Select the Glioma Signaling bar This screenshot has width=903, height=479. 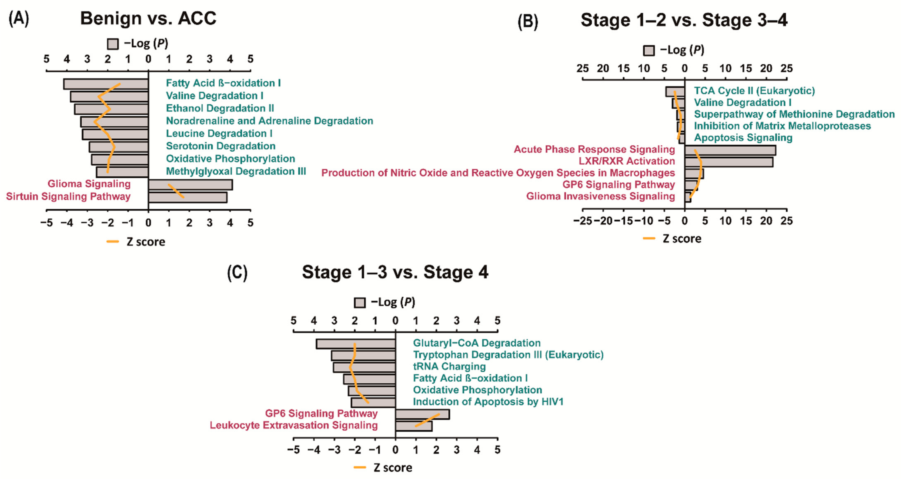click(x=190, y=185)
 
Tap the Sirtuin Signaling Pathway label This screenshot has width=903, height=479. click(x=68, y=196)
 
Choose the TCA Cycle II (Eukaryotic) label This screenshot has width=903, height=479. click(x=754, y=91)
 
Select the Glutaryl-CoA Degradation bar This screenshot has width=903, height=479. click(x=356, y=344)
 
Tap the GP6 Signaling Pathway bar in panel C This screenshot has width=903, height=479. click(x=422, y=414)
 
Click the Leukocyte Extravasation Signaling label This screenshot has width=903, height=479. click(x=294, y=425)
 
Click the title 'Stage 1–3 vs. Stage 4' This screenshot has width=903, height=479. click(x=395, y=272)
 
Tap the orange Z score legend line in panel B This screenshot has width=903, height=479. click(x=649, y=238)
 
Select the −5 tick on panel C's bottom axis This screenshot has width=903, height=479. click(x=293, y=449)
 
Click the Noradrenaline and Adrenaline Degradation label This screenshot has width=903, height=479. click(x=269, y=121)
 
